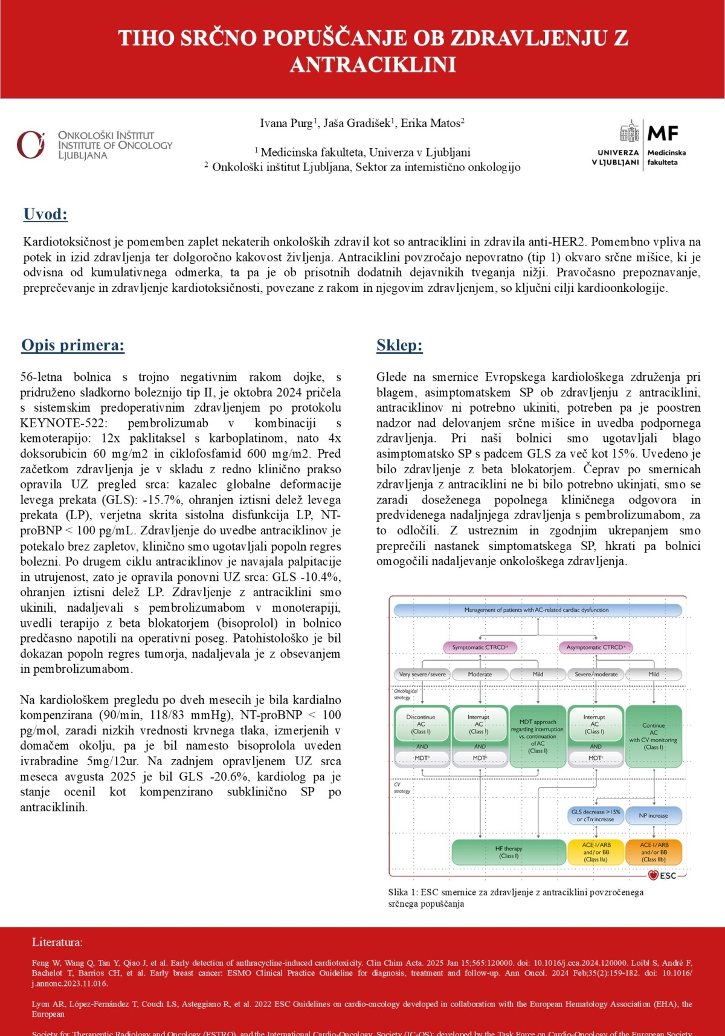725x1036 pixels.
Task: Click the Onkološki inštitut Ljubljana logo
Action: (x=94, y=145)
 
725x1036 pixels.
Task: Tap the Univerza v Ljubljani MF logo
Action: (x=639, y=145)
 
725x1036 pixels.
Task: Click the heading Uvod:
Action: (x=45, y=214)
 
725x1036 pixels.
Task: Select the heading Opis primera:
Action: (x=72, y=345)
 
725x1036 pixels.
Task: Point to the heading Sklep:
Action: (x=399, y=345)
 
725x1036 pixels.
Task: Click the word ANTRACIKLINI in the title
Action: (x=373, y=65)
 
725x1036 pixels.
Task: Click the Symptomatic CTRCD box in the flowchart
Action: (x=480, y=647)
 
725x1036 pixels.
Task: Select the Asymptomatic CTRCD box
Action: (x=596, y=647)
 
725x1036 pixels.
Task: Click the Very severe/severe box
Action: (x=422, y=674)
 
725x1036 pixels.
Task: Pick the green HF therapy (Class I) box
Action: (x=508, y=852)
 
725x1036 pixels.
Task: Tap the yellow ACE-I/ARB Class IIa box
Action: (x=596, y=852)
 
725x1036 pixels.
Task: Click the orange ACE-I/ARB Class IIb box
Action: (x=654, y=852)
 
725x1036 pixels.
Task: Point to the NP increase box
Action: (x=654, y=815)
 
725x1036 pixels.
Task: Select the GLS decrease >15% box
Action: (x=596, y=815)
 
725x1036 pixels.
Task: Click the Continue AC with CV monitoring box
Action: (x=654, y=736)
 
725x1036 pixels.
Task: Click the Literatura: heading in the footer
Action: (x=57, y=942)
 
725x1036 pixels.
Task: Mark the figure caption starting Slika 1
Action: (x=515, y=898)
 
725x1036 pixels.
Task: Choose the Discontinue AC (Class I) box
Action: (x=422, y=724)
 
